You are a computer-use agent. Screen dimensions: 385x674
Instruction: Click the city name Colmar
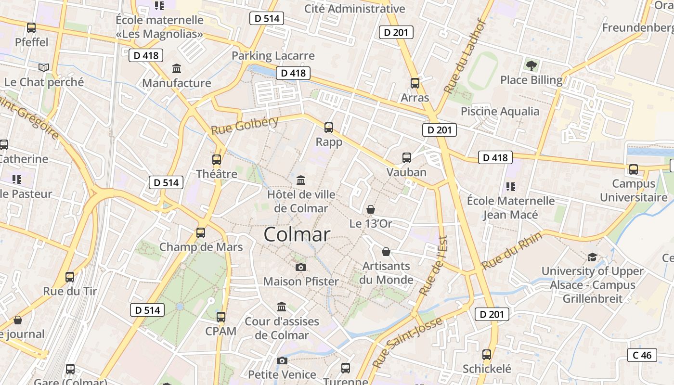tap(297, 234)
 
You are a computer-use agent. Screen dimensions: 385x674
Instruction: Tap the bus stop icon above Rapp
tap(329, 128)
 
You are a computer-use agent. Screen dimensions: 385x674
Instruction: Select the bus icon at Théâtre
tap(217, 160)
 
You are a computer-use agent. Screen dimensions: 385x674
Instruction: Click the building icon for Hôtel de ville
tap(301, 180)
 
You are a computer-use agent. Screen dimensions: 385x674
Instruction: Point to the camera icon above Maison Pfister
tap(301, 267)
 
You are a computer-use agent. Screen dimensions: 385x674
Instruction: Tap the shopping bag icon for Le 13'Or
tap(371, 209)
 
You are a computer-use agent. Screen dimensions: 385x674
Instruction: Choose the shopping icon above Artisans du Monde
tap(386, 252)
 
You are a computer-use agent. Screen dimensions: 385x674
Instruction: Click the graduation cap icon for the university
tap(592, 257)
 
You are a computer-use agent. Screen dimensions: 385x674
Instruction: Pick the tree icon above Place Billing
tap(531, 65)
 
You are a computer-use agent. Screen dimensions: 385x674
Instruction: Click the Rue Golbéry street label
tap(245, 125)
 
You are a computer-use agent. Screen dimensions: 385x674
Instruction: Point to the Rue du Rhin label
tap(512, 250)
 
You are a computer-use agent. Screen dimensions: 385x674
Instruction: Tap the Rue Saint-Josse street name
tap(407, 343)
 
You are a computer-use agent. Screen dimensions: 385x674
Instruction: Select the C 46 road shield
tap(642, 355)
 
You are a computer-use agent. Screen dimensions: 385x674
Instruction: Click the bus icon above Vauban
tap(407, 158)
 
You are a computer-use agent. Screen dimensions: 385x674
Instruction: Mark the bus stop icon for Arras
tap(415, 83)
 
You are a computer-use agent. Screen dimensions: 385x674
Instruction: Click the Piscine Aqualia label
tap(500, 112)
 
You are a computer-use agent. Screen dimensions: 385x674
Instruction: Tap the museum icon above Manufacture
tap(177, 69)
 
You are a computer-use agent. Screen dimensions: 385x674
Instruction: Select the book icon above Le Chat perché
tap(44, 68)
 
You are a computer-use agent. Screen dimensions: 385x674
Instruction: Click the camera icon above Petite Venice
tap(282, 360)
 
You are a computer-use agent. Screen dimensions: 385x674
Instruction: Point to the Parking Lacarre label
tap(273, 56)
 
